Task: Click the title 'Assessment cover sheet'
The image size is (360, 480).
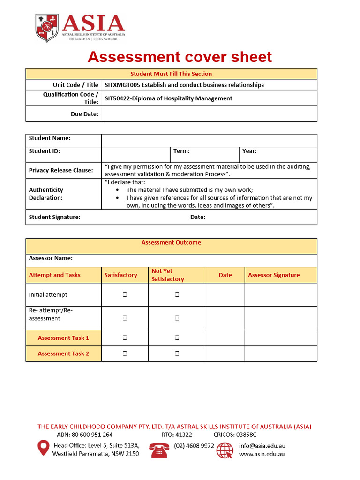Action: click(180, 57)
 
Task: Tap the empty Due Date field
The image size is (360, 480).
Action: click(209, 114)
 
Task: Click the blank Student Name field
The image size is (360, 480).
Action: click(209, 140)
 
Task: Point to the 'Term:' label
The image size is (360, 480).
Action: click(181, 151)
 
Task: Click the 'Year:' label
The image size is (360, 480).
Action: click(249, 151)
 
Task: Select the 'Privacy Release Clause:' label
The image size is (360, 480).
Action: click(61, 170)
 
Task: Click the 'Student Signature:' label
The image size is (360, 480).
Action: click(54, 217)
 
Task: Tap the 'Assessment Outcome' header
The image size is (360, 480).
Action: click(171, 243)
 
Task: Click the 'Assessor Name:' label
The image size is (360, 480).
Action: click(51, 258)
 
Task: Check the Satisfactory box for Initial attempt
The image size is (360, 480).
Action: click(125, 295)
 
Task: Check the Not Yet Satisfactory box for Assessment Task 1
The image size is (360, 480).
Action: click(177, 337)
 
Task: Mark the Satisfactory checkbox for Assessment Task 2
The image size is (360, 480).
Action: click(125, 353)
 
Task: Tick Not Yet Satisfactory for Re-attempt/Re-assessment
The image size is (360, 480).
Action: click(177, 318)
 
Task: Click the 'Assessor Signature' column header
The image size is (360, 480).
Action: click(274, 275)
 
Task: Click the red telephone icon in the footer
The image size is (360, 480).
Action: click(159, 450)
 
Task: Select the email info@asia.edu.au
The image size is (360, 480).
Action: click(262, 446)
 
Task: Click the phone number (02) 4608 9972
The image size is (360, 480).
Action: click(194, 446)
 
